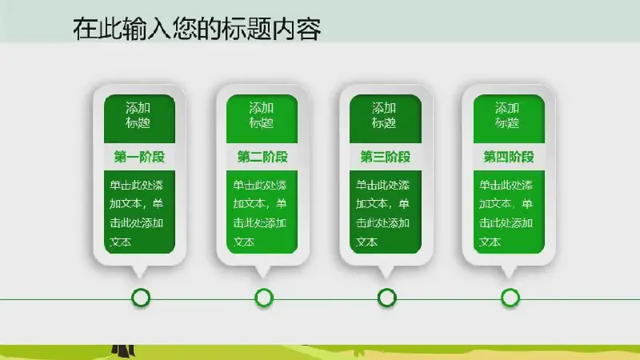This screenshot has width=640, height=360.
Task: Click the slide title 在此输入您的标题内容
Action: (x=197, y=29)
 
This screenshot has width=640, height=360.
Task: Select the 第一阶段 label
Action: (x=139, y=157)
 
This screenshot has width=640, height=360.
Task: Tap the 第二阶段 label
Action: (x=262, y=157)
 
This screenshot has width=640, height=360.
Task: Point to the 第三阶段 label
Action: (x=386, y=157)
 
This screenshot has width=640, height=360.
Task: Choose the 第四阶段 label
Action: (x=509, y=157)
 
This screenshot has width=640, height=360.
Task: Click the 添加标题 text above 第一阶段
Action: (x=138, y=115)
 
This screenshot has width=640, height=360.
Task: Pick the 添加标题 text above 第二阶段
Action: (x=262, y=115)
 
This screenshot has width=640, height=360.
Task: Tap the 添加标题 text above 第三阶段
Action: (x=384, y=115)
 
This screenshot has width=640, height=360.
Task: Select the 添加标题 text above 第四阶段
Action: (x=507, y=115)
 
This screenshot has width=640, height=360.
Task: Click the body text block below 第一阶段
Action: (x=136, y=213)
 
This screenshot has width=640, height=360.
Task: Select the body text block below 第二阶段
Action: (x=259, y=213)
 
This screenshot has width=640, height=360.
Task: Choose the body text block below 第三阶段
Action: (x=382, y=213)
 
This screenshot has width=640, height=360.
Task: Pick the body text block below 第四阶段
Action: (x=506, y=213)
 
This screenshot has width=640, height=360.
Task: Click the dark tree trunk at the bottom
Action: (x=123, y=350)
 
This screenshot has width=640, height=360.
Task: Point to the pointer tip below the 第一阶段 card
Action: (x=140, y=278)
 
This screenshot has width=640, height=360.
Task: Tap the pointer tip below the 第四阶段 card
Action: (x=509, y=278)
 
